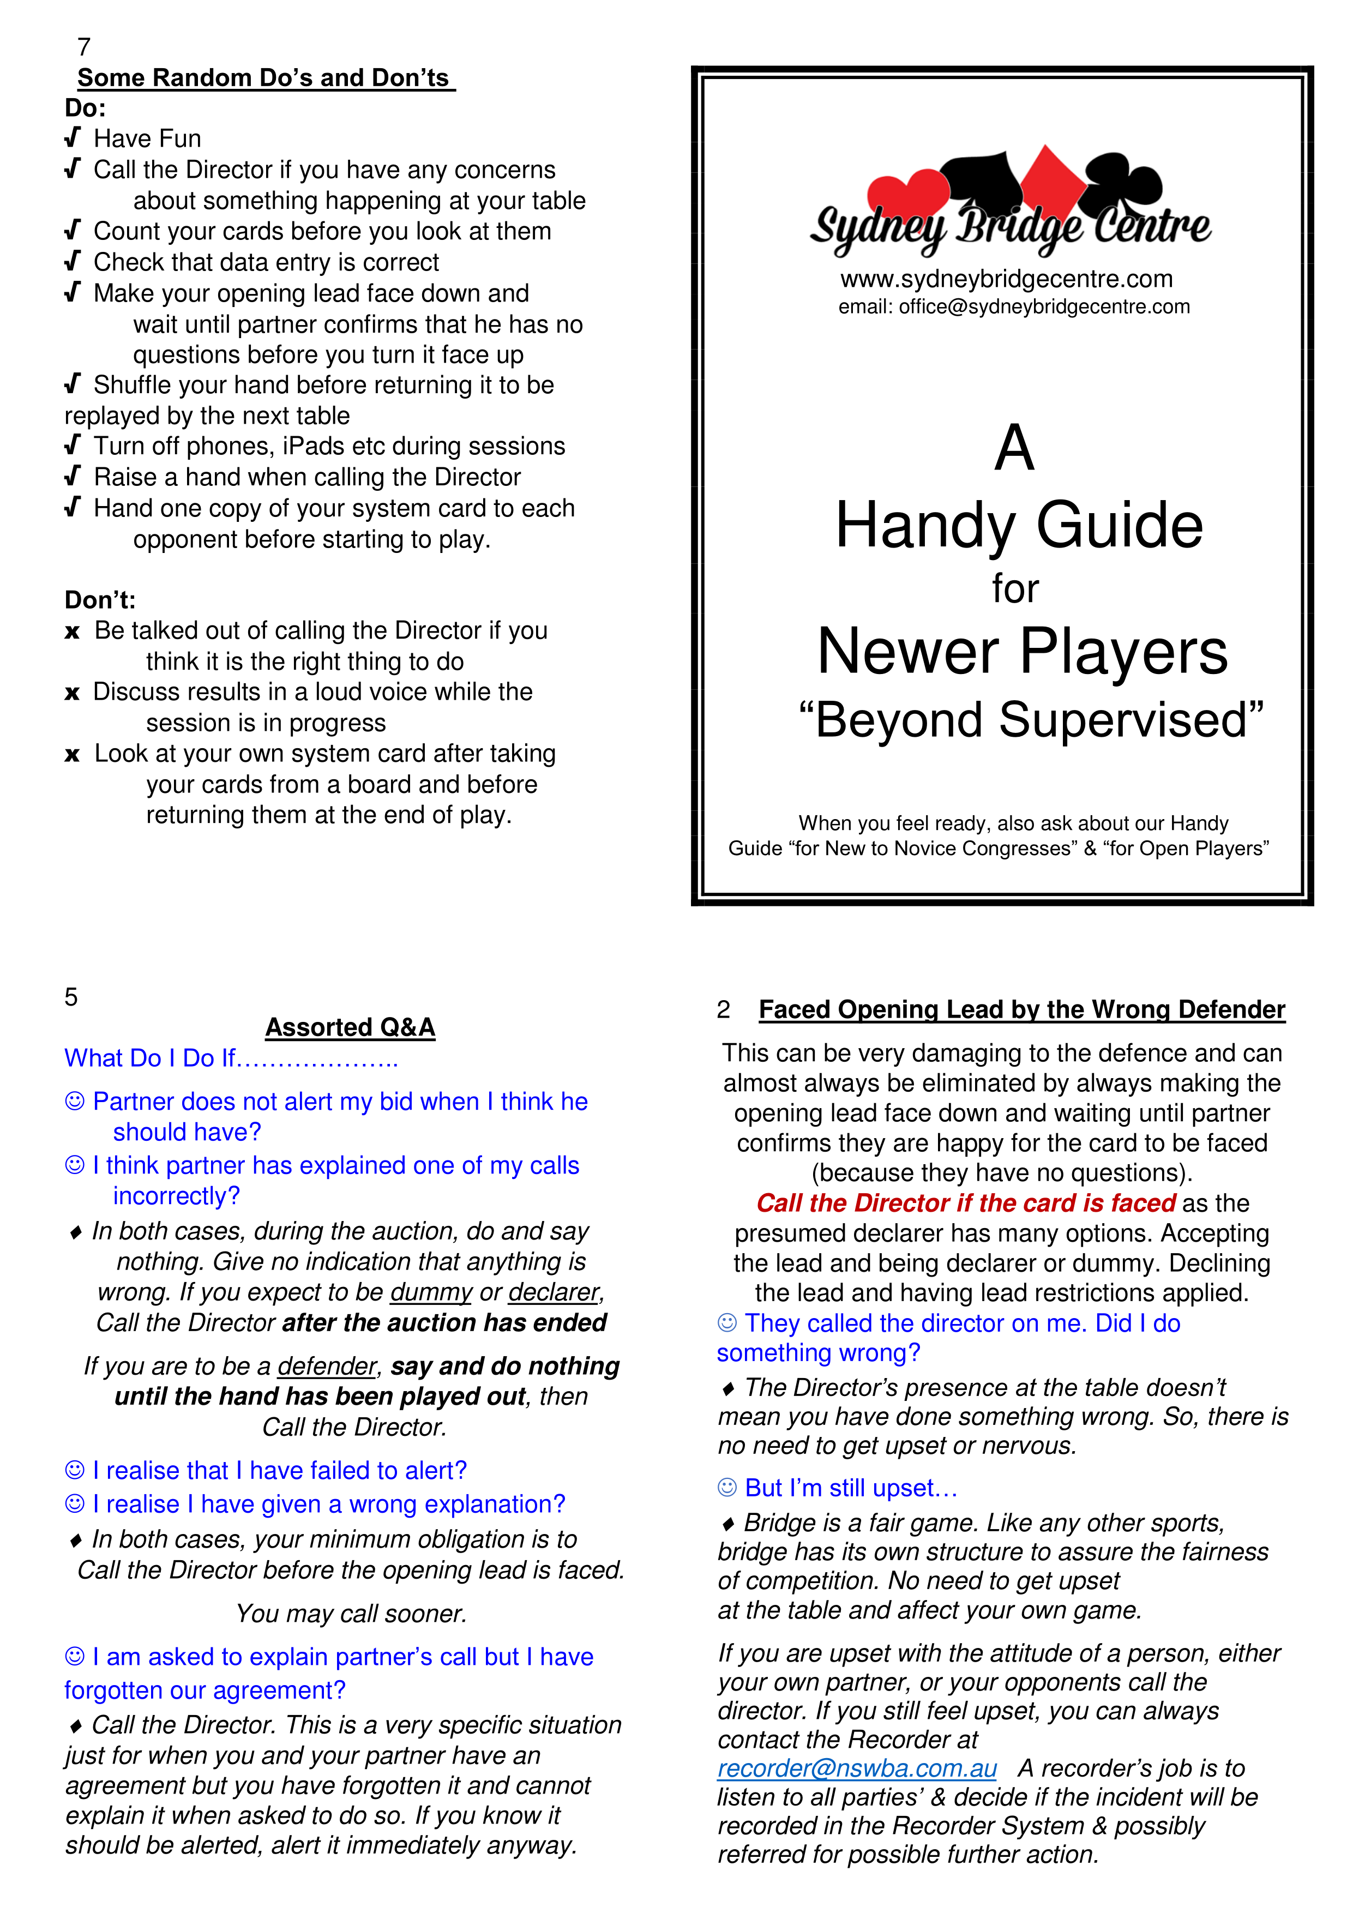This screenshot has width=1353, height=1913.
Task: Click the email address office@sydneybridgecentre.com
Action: pyautogui.click(x=1044, y=306)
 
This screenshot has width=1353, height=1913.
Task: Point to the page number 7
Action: pyautogui.click(x=83, y=47)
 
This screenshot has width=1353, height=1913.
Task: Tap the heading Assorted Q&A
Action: pyautogui.click(x=350, y=1027)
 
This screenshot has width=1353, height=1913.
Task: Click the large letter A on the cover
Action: pyautogui.click(x=1014, y=448)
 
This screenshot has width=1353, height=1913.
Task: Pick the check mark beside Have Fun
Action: pyautogui.click(x=73, y=137)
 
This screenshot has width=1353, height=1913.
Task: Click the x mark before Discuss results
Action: pyautogui.click(x=73, y=693)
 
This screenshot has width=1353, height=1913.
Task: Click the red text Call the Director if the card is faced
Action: pyautogui.click(x=966, y=1203)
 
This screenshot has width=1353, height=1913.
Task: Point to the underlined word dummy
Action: pyautogui.click(x=431, y=1292)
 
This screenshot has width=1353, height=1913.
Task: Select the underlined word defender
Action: pyautogui.click(x=327, y=1367)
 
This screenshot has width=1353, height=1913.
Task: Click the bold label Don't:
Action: pyautogui.click(x=100, y=600)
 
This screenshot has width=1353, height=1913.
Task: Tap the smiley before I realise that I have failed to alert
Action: pyautogui.click(x=75, y=1471)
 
